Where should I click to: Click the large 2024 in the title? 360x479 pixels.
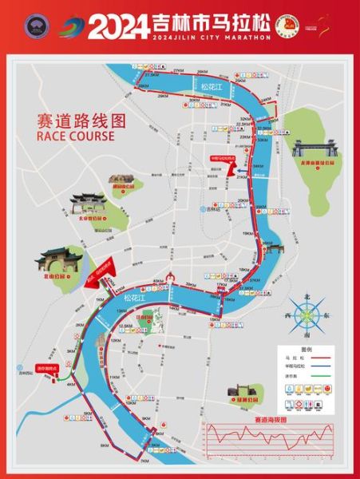117,26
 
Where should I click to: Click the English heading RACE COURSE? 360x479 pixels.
76,136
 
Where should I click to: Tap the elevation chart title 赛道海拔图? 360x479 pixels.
268,418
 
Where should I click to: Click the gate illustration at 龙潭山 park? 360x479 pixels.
311,148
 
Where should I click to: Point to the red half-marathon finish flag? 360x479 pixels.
224,158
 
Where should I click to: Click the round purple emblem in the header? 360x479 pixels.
33,26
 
